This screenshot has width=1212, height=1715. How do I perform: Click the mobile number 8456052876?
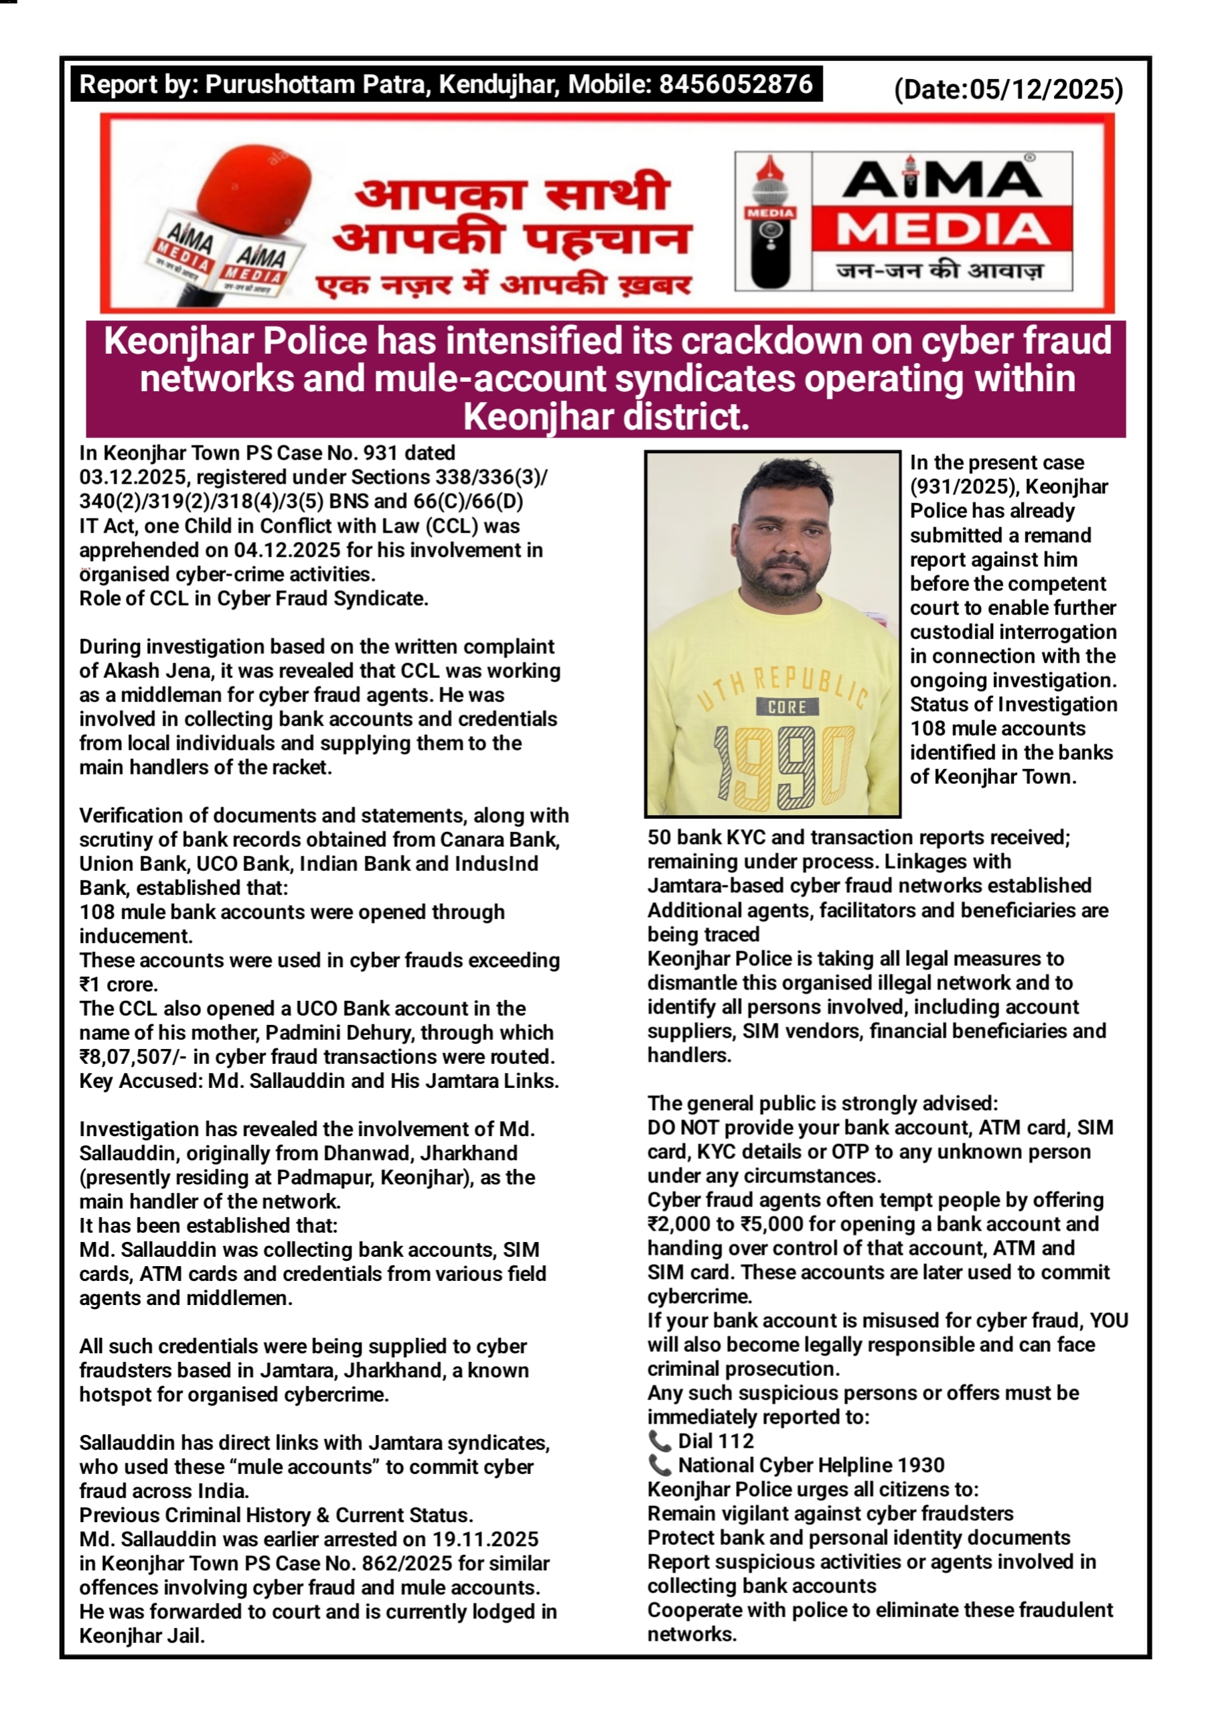click(735, 84)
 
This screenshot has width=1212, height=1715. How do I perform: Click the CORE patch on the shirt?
click(787, 707)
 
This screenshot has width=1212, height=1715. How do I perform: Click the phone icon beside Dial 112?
click(660, 1440)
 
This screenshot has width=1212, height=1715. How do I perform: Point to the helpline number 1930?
click(921, 1466)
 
